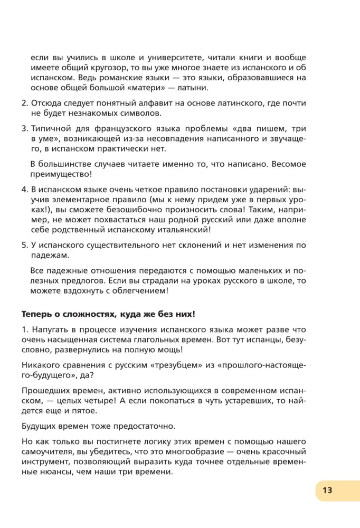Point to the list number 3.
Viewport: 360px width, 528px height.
coord(24,129)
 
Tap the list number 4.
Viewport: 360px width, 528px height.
coord(24,189)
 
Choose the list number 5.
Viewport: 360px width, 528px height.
coord(24,244)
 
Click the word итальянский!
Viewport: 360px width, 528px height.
coord(209,229)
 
